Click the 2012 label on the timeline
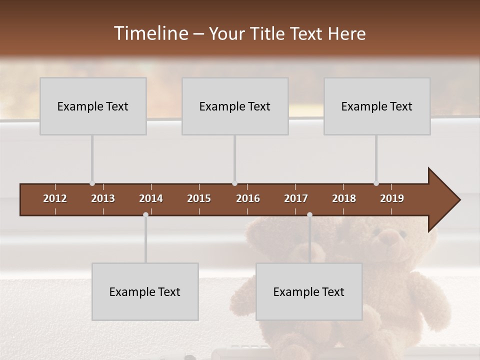tap(55, 198)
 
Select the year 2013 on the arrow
tap(103, 198)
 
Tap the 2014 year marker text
tap(151, 198)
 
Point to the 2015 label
tap(199, 198)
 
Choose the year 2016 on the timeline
tap(248, 198)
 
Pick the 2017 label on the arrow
tap(296, 198)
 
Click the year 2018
tap(344, 198)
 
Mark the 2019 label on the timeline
tap(392, 198)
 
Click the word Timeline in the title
tap(150, 33)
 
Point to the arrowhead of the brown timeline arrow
tap(444, 200)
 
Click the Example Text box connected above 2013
tap(93, 106)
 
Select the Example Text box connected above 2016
tap(235, 106)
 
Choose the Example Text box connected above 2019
tap(377, 106)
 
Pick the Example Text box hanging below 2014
tap(145, 291)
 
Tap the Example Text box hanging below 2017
tap(309, 291)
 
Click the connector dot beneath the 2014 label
tap(145, 214)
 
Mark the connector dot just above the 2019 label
tap(376, 183)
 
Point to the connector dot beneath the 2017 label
tap(309, 214)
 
